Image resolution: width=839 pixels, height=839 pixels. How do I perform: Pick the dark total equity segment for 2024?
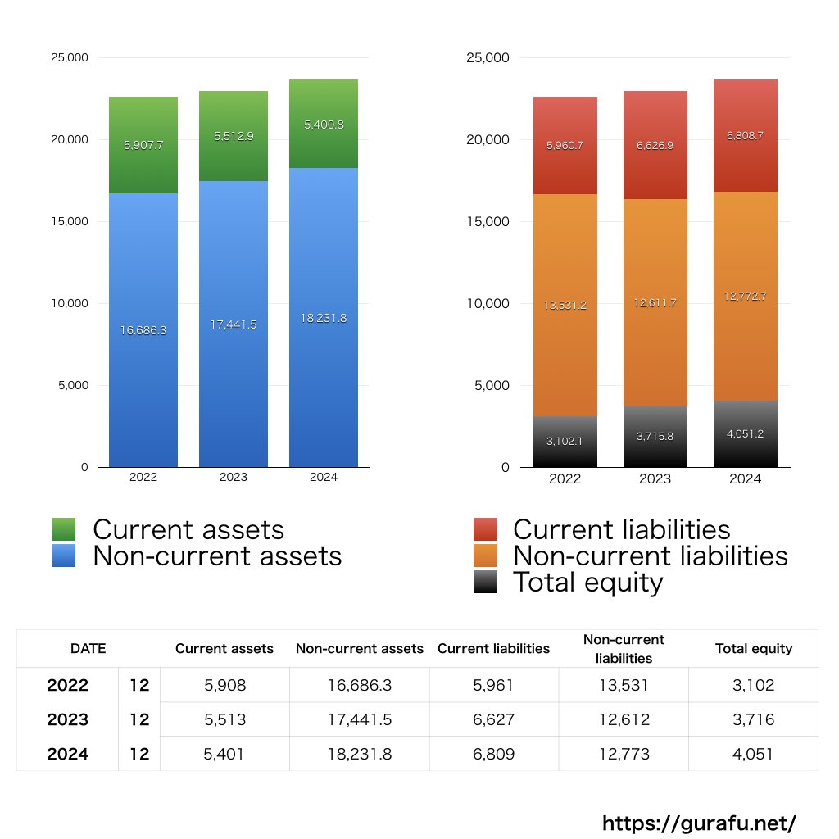pos(745,434)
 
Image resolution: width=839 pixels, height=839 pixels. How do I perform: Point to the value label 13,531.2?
pos(565,305)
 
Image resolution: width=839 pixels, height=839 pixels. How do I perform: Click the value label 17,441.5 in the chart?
pos(234,324)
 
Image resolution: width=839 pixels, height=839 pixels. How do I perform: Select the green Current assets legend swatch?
pos(64,529)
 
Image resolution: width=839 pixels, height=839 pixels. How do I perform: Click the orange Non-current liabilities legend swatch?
pos(485,556)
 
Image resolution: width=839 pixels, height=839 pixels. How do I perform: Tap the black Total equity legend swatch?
pos(485,582)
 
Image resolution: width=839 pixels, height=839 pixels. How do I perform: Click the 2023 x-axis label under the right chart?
pos(655,478)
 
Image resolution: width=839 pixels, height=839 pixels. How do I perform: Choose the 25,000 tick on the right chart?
pos(488,58)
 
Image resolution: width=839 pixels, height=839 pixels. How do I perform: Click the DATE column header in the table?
pos(88,648)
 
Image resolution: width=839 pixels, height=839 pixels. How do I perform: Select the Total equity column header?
pos(754,648)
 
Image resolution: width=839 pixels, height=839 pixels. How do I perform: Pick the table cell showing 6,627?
pos(494,719)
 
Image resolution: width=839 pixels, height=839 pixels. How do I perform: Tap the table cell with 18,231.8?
pos(360,754)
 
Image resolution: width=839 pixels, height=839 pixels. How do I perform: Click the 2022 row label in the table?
pos(67,685)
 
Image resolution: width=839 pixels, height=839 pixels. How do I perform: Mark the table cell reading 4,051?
pos(754,754)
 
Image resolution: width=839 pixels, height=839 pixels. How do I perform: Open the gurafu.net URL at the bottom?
pos(699,823)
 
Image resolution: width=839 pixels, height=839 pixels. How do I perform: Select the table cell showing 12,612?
pos(624,719)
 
